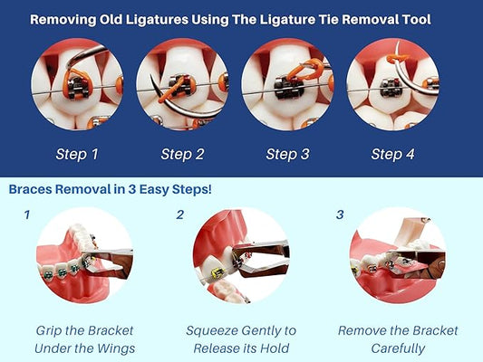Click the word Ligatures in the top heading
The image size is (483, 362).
(157, 20)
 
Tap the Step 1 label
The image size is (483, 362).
(77, 154)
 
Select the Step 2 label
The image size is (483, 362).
(182, 154)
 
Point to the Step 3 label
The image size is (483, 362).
(287, 154)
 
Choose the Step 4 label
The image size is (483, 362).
(392, 154)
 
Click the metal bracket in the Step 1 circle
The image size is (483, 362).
(77, 88)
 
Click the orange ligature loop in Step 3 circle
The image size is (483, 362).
(305, 70)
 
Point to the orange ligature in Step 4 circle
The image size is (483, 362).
(398, 58)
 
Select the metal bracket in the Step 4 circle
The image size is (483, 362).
(391, 88)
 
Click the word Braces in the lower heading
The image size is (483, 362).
(30, 189)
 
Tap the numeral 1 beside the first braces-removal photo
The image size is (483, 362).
(27, 214)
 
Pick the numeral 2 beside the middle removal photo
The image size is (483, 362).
(180, 214)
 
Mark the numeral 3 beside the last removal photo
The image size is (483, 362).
(340, 214)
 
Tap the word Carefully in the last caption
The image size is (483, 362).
(398, 348)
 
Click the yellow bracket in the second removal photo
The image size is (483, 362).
(218, 272)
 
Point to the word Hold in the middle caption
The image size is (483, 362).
(275, 348)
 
